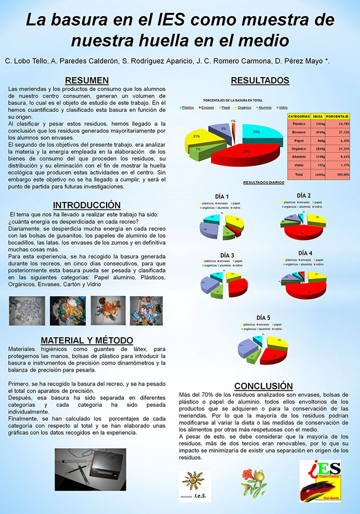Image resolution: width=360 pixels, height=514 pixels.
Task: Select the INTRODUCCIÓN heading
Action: [x=86, y=205]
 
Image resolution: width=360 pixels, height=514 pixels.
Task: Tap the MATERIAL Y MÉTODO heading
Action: [x=86, y=341]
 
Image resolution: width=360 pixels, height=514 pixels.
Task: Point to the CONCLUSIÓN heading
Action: [x=264, y=386]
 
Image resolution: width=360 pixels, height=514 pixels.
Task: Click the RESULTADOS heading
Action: [x=260, y=80]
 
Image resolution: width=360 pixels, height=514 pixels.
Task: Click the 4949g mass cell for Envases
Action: [x=318, y=132]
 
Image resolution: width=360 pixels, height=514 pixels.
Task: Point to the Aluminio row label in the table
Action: [x=299, y=156]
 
